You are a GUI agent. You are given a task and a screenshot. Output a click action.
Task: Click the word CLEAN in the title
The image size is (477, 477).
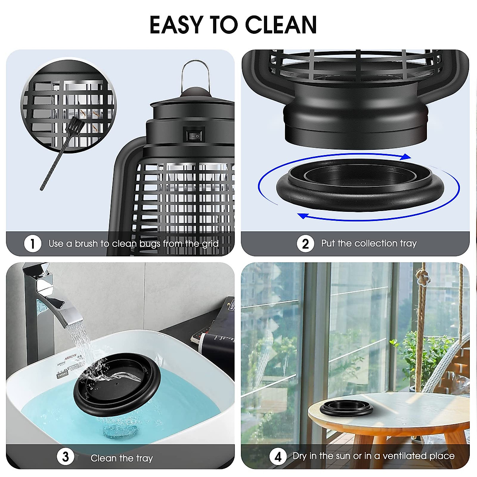click(281, 25)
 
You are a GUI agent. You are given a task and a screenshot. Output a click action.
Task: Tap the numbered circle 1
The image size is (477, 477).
click(33, 243)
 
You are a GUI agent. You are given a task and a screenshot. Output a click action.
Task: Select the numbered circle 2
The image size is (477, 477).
click(305, 243)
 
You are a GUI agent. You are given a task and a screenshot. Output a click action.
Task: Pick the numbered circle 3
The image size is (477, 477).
click(66, 457)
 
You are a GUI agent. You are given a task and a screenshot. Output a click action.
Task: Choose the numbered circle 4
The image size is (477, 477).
click(278, 456)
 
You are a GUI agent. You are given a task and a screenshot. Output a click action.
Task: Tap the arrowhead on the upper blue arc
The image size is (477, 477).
click(405, 157)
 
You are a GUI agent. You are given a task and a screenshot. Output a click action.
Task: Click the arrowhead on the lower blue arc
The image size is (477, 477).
click(304, 216)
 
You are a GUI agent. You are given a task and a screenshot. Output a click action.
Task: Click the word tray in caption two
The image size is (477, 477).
click(408, 243)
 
